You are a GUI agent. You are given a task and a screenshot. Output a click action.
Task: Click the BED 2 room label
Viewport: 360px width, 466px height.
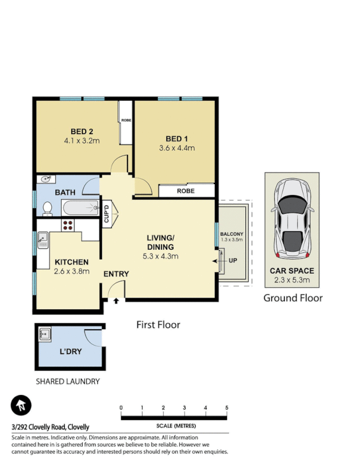[82, 131]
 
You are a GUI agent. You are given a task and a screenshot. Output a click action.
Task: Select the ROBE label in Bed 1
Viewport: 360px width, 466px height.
[186, 190]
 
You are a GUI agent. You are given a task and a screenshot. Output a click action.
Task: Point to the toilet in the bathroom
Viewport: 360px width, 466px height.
[48, 207]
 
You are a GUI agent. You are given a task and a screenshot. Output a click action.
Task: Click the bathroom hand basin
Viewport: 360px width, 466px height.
[45, 179]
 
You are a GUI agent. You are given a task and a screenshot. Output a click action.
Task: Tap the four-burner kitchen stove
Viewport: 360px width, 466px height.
[67, 227]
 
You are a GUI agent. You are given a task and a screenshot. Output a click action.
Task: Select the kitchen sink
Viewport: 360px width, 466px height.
[43, 239]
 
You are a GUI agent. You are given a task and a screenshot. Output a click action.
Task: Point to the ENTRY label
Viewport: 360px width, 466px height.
[116, 274]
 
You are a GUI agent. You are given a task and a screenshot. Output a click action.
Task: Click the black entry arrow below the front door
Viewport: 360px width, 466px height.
[117, 301]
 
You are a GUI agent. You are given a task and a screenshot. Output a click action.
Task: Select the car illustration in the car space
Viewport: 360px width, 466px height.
[293, 218]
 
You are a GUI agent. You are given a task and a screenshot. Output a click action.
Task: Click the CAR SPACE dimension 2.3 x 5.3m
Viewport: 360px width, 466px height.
[292, 280]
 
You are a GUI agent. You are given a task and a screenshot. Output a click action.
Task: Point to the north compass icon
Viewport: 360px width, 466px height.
[21, 405]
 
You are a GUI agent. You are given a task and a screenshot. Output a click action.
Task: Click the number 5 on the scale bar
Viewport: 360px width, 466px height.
[226, 407]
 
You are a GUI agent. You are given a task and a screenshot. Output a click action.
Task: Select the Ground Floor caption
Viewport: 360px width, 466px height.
[292, 298]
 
